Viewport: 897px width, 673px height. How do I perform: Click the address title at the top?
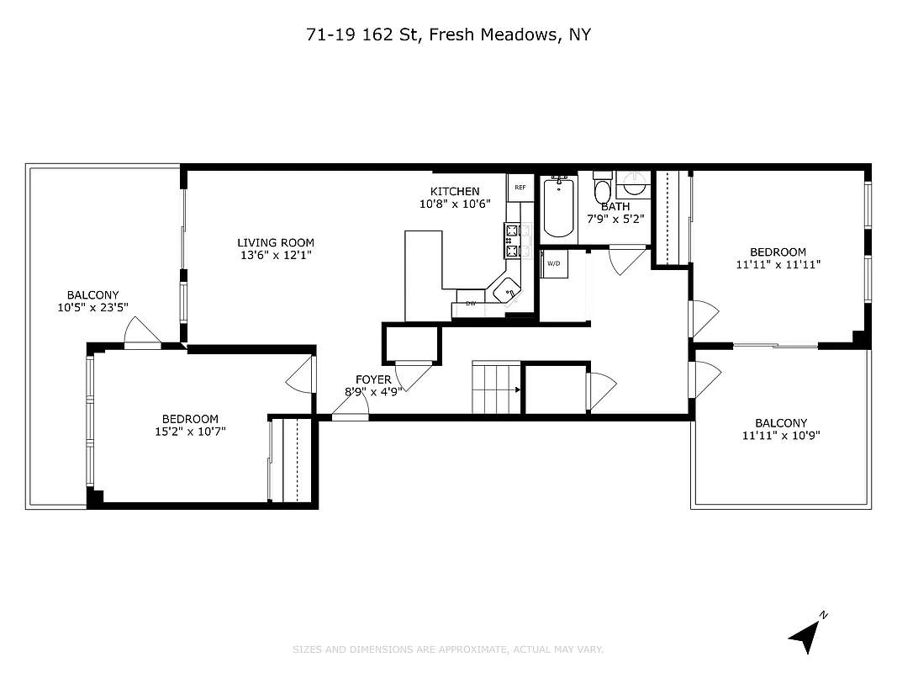point(448,34)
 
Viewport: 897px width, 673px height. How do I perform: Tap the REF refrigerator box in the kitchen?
point(520,187)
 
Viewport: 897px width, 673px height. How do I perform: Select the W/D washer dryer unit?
point(554,264)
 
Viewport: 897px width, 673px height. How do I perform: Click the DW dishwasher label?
point(471,303)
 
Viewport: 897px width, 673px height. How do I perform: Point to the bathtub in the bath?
point(558,207)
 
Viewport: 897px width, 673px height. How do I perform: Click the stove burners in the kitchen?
point(511,240)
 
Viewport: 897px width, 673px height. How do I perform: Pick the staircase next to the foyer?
point(496,388)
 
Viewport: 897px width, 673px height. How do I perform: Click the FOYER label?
point(372,379)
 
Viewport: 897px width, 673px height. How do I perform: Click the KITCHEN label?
point(455,191)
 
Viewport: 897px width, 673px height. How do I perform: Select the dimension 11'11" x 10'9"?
point(780,436)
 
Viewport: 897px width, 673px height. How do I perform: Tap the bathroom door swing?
point(625,259)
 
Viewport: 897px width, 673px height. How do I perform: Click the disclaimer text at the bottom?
point(448,649)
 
